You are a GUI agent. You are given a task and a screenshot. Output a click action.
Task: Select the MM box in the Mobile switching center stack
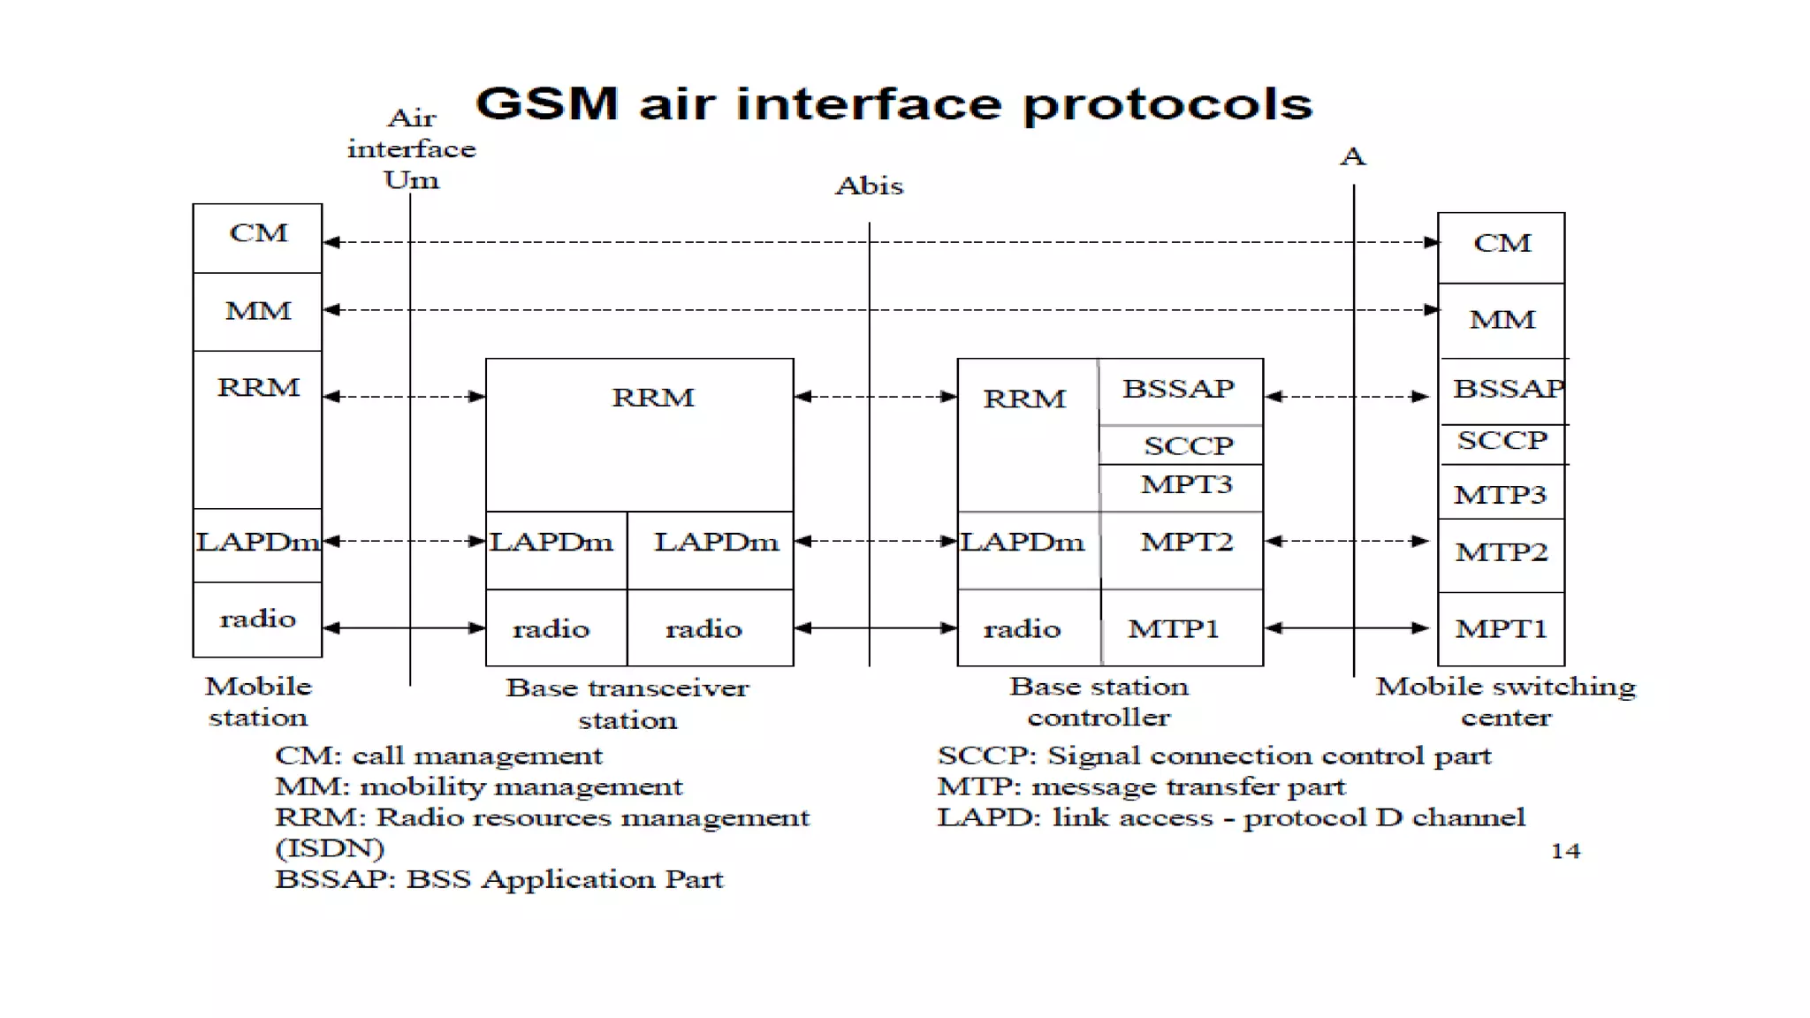click(1502, 320)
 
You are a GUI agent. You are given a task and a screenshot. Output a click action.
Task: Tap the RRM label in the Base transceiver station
click(652, 398)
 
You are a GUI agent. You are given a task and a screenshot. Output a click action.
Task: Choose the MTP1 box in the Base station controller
click(1174, 628)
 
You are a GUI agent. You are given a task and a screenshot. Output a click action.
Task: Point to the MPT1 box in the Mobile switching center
click(1501, 628)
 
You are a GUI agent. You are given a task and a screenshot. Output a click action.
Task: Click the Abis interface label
click(869, 186)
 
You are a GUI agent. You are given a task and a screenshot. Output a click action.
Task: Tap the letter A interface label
click(1352, 157)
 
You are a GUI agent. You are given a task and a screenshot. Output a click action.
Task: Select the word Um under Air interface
click(411, 180)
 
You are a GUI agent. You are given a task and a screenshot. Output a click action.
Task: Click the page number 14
click(1565, 850)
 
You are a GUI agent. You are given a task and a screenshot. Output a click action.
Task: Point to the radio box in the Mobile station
click(257, 619)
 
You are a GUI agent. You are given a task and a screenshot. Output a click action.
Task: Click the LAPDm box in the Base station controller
click(1023, 542)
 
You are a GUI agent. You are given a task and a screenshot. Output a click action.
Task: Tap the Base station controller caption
click(1099, 702)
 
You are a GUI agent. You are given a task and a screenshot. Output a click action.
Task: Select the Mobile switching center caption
click(1505, 702)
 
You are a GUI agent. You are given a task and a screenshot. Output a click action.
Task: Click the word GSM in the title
click(546, 103)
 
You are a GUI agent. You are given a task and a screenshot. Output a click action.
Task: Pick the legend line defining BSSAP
click(498, 879)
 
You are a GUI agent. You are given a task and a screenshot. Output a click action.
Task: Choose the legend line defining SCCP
click(1213, 756)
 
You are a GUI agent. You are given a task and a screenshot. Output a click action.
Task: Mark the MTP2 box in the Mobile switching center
click(1501, 553)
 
